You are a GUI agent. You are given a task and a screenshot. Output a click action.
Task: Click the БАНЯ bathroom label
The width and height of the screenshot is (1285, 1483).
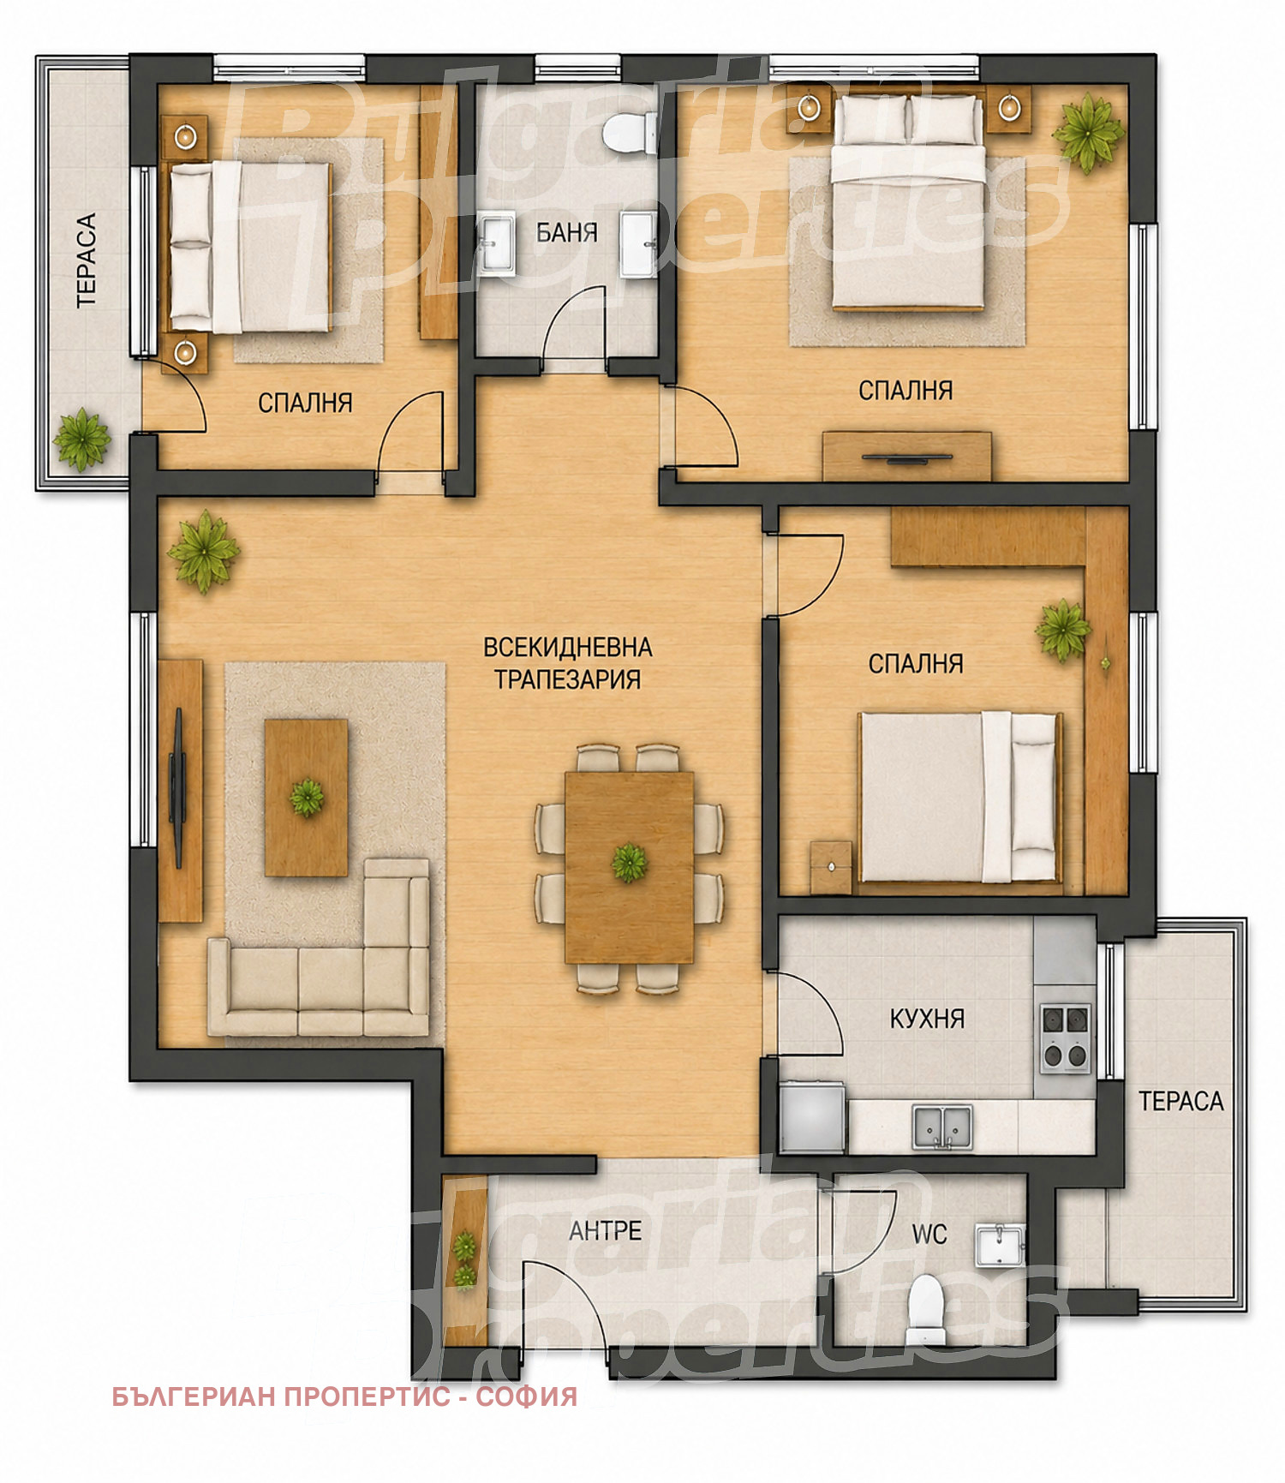pos(566,232)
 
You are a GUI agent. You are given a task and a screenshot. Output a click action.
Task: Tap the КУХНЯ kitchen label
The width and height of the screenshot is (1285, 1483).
pos(927,1019)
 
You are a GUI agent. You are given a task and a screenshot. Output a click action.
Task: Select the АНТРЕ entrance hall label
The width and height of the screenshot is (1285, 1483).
pos(606,1231)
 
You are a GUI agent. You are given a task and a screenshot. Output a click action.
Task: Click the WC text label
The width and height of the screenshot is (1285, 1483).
pos(929,1235)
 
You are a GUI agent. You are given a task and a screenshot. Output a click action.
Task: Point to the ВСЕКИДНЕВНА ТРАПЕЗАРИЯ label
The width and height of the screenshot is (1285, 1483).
pos(568,662)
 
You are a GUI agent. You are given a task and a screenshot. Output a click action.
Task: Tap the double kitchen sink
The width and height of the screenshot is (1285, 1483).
pos(942,1127)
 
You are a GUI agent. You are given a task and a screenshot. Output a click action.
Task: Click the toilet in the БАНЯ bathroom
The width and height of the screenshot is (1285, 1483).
pos(629,133)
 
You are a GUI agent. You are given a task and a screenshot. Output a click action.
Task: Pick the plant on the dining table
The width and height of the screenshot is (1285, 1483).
pos(629,862)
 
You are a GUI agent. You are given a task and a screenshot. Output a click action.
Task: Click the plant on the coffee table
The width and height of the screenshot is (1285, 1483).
pos(307,798)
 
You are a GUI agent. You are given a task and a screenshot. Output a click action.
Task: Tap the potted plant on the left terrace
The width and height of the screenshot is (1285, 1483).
pos(81,440)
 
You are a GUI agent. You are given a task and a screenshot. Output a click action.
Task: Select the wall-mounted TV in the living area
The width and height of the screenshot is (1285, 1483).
pos(177,788)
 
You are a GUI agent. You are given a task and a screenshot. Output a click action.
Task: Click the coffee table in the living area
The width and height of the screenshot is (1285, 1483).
pos(307,798)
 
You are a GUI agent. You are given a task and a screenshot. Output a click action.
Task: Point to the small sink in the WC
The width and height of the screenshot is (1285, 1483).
pos(999,1244)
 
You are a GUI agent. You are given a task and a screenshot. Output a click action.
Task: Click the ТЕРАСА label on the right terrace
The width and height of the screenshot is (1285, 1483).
pos(1180,1101)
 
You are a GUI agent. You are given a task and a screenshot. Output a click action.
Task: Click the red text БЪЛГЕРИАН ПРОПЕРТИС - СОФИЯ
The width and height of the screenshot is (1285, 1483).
pos(344,1396)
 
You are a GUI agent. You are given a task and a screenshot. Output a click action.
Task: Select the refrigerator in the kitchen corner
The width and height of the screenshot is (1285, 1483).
pos(811,1116)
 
